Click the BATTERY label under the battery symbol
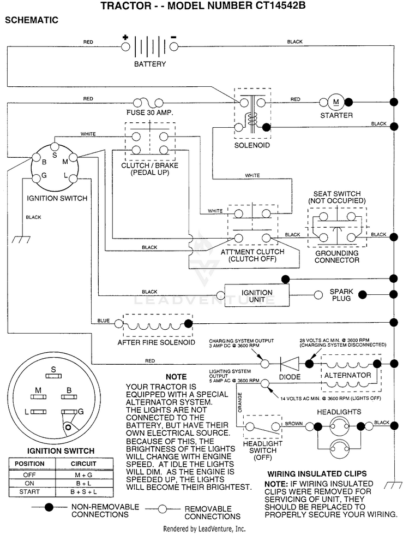(x=150, y=64)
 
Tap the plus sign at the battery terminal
(x=125, y=38)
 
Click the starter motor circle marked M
(x=336, y=102)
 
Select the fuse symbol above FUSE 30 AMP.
(x=148, y=102)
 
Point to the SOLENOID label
(x=252, y=145)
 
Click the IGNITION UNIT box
(x=256, y=295)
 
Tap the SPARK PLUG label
(x=341, y=295)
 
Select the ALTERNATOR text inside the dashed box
(x=347, y=375)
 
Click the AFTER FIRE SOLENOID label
(x=156, y=342)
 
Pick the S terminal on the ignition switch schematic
(x=55, y=147)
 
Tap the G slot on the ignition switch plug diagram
(x=68, y=412)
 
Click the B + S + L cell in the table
(x=83, y=492)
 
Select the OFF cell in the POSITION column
(x=29, y=474)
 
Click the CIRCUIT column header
(x=83, y=464)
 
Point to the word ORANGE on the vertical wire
(x=240, y=402)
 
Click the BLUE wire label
(x=104, y=321)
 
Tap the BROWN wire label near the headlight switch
(x=293, y=424)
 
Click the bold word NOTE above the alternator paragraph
(x=176, y=377)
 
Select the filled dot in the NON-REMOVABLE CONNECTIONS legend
(x=49, y=507)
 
